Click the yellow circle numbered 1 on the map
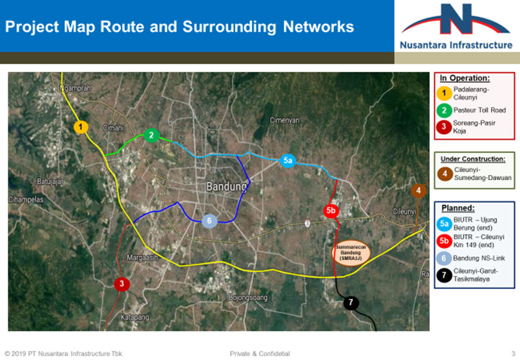tap(80, 127)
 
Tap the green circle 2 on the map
tap(151, 135)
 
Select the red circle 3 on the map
tap(122, 284)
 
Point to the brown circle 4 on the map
tap(419, 191)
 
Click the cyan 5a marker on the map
tap(288, 161)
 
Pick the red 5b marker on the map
tap(331, 211)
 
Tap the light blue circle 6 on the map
tap(209, 221)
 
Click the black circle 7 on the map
tap(351, 302)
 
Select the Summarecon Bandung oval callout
tap(351, 253)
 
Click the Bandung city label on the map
tap(226, 186)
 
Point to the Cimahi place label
tap(113, 128)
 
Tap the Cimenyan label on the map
tap(284, 120)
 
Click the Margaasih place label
tap(142, 257)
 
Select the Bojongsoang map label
tap(248, 298)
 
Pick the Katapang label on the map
tap(135, 317)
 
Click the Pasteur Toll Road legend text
tap(480, 110)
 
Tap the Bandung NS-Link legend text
tap(479, 258)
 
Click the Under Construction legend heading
tap(473, 159)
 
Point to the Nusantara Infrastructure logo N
tap(456, 19)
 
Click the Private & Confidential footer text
tap(260, 354)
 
